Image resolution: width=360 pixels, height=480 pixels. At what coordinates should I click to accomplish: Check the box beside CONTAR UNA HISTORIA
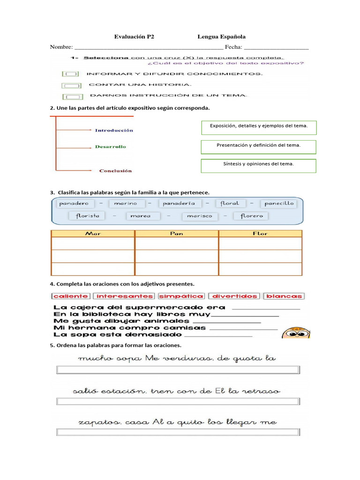pos(71,85)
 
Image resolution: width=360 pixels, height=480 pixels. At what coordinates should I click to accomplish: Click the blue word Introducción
pos(114,130)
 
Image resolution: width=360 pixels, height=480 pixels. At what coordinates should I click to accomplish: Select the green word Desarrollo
pos(111,147)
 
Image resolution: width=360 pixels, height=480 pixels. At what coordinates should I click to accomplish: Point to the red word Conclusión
pos(115,171)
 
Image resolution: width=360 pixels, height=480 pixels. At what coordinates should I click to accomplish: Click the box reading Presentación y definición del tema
pos(258,146)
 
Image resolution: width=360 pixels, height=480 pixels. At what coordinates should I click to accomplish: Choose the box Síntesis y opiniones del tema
pos(258,165)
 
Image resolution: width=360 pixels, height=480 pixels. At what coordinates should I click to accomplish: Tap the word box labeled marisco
pos(200,216)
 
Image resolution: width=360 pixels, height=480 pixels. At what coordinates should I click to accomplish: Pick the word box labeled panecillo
pos(279,203)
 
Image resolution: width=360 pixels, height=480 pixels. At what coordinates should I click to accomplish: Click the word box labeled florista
pos(84,216)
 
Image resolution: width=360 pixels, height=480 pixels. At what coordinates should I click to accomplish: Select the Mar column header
pos(93,233)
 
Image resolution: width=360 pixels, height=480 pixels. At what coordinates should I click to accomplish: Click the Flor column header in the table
pos(260,233)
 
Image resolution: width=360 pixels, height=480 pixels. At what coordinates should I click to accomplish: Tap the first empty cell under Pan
pos(177,244)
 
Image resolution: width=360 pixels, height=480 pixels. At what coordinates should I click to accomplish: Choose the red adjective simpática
pos(181,296)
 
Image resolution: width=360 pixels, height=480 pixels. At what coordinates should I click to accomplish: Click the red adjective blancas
pos(284,296)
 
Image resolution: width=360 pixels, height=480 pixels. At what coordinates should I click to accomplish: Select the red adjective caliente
pos(71,296)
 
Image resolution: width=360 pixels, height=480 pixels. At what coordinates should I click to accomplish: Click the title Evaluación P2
pos(135,37)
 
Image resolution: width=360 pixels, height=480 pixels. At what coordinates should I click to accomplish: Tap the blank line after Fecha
pos(276,47)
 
